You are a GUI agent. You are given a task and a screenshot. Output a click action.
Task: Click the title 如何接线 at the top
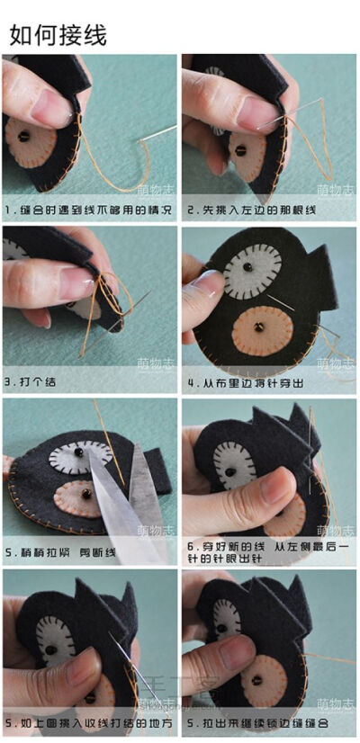58,35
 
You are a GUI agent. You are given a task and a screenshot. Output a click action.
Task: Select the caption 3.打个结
31,381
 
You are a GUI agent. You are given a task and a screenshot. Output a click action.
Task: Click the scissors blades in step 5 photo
126,508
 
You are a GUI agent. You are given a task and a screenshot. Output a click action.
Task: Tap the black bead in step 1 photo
24,137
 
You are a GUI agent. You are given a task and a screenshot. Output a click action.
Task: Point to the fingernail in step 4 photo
205,288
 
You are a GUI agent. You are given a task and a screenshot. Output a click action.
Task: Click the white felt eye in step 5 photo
79,455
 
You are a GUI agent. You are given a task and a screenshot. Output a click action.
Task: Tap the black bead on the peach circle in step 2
240,149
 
